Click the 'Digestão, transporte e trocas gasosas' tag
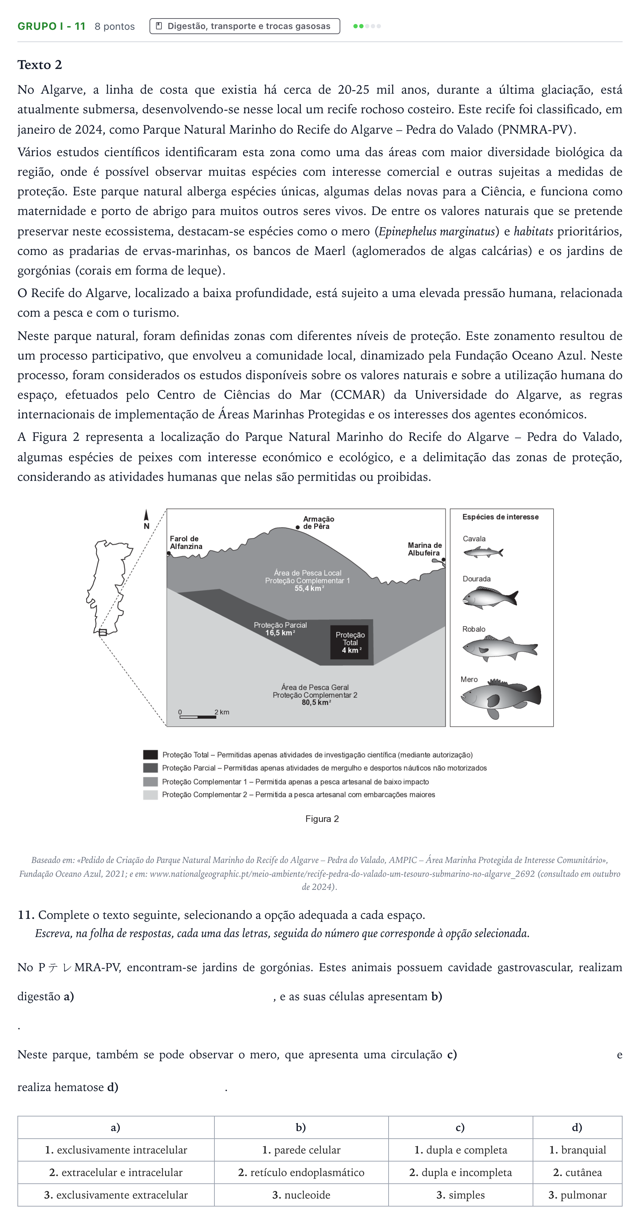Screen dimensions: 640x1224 tap(245, 26)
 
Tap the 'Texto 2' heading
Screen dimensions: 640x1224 tap(40, 65)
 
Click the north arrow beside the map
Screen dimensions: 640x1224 tap(146, 519)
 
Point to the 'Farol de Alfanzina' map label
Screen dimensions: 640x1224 tap(186, 542)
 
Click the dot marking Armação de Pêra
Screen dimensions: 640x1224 tap(298, 527)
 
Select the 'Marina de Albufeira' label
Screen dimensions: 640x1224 tap(424, 549)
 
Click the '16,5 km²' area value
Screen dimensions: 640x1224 tap(280, 633)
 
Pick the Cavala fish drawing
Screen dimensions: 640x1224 tap(483, 552)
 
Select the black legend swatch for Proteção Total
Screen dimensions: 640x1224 tap(151, 754)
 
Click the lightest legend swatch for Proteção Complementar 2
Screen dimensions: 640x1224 tap(151, 795)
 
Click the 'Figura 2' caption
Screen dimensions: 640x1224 tap(322, 819)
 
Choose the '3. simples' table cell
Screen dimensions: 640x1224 tap(460, 1195)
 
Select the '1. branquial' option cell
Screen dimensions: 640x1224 tap(577, 1150)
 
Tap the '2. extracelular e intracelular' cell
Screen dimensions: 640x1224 tap(116, 1172)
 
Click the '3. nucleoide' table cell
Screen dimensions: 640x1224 tap(301, 1195)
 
